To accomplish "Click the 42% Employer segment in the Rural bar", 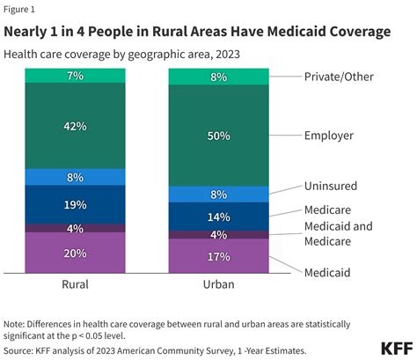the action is tap(75, 126).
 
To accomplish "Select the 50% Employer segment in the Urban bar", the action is tap(219, 136).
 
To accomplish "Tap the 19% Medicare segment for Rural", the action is tap(75, 205).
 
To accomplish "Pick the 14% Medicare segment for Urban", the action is tap(219, 217).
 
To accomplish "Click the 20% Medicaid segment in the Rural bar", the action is tap(75, 253).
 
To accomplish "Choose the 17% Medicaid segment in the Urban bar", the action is tap(219, 256).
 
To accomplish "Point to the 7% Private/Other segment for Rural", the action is tap(75, 76).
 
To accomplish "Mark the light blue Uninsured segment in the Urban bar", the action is tap(219, 195).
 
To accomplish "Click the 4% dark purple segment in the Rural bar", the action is tap(75, 228).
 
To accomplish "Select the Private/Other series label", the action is tap(339, 77).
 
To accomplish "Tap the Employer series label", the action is tap(329, 136).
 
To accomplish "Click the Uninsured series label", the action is tap(331, 186).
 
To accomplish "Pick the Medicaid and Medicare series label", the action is tap(339, 234).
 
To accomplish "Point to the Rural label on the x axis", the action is tap(75, 284).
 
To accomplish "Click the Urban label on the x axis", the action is tap(219, 284).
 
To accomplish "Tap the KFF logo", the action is tap(397, 349).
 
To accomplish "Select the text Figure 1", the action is tap(19, 10).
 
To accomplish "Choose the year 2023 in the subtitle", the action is tap(228, 55).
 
